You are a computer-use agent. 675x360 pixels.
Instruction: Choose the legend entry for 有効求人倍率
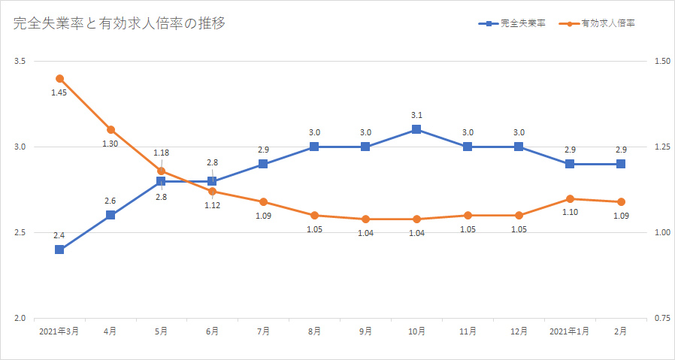tap(608, 24)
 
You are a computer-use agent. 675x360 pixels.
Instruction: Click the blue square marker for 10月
tap(416, 129)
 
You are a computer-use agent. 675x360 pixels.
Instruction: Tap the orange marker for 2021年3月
tap(59, 78)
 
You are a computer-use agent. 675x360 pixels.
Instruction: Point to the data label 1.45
tap(59, 92)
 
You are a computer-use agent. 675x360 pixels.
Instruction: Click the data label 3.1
tap(416, 115)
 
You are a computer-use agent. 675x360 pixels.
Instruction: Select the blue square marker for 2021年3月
tap(59, 250)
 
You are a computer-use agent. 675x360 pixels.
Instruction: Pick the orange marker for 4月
tap(110, 129)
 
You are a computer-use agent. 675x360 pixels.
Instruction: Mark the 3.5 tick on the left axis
tap(20, 61)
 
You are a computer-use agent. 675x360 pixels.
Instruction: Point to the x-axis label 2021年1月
tap(569, 331)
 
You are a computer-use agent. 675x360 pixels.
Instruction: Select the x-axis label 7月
tap(263, 331)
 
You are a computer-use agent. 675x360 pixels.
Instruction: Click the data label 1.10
tap(569, 213)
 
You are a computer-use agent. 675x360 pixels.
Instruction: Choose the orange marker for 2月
tap(620, 201)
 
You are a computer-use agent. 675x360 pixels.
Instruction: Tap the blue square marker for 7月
tap(263, 164)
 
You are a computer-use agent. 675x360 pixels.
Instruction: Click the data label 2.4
tap(59, 235)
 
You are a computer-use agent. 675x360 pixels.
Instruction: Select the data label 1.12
tap(212, 206)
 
